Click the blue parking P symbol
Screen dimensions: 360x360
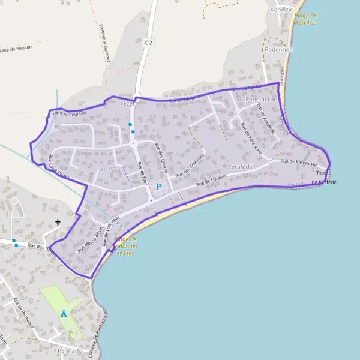point(159,187)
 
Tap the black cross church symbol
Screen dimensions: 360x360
point(58,223)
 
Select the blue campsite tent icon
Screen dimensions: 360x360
point(63,313)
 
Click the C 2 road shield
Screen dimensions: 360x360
point(149,43)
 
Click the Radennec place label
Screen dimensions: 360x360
point(278,49)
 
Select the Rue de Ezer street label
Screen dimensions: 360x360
point(142,172)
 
